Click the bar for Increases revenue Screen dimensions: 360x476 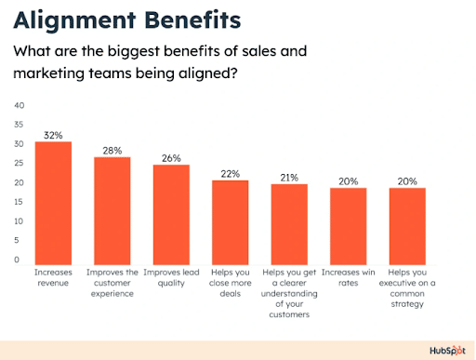[53, 201]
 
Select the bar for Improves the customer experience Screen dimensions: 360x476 [112, 209]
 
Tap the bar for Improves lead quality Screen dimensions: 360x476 [171, 213]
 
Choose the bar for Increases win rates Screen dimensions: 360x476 [349, 224]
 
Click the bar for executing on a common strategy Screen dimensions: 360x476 [407, 224]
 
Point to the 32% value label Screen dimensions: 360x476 [53, 135]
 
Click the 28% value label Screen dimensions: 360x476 [112, 150]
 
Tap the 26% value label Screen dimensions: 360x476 [171, 158]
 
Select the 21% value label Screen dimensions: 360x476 [289, 178]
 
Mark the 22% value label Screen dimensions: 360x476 [230, 173]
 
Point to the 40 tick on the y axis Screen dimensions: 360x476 [19, 104]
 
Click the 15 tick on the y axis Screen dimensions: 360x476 [19, 202]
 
